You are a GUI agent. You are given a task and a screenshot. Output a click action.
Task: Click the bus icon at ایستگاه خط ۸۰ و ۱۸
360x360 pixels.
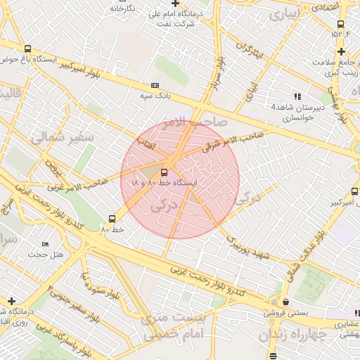tap(164, 172)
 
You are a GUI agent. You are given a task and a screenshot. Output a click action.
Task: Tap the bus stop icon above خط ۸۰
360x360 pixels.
tap(112, 219)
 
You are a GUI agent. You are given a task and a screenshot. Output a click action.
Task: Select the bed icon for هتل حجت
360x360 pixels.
tap(46, 244)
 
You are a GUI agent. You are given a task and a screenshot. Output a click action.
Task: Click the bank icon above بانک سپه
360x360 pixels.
tap(155, 84)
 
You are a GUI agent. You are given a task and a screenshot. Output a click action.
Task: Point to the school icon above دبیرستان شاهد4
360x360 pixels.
tap(298, 96)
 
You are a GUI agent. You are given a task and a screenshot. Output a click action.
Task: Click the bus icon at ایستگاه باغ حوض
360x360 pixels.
tap(27, 49)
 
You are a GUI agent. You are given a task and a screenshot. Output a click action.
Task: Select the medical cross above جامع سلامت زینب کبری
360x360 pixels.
tap(341, 51)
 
